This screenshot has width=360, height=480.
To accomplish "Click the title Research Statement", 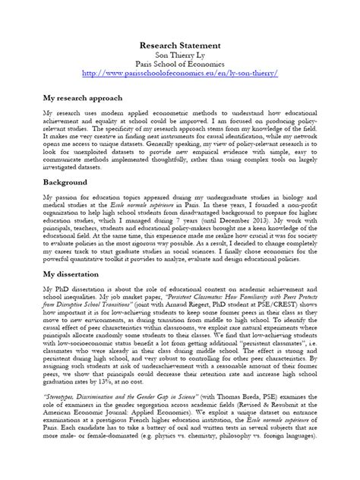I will point(180,46).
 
